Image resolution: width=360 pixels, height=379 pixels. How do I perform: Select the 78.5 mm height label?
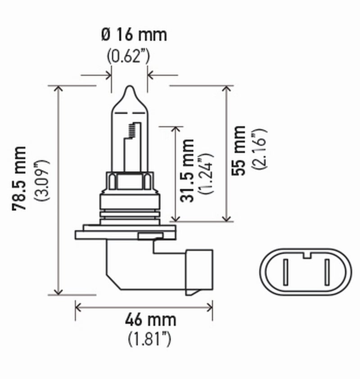[x=21, y=178]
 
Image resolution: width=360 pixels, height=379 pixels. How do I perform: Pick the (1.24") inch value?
[x=207, y=173]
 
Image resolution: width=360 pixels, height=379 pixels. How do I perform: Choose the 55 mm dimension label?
[x=240, y=150]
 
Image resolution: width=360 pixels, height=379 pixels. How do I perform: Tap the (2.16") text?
[x=260, y=149]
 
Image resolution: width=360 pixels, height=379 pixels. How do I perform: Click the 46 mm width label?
[x=144, y=321]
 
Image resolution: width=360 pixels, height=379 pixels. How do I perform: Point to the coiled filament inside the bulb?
[x=132, y=130]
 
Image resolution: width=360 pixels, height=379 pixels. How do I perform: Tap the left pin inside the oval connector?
[x=285, y=272]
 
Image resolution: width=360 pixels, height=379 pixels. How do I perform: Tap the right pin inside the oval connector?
[x=327, y=272]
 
